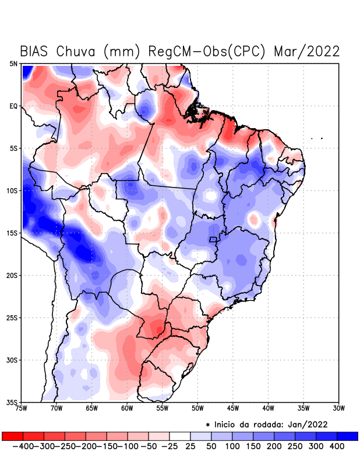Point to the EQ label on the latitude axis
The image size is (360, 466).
13,106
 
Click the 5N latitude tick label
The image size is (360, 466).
13,63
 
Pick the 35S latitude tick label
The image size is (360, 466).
12,402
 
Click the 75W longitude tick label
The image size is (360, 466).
22,408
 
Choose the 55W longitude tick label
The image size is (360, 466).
163,408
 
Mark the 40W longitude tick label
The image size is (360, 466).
269,408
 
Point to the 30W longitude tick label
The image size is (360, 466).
339,408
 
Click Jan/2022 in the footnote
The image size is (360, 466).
308,424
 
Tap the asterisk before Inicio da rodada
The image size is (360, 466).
208,425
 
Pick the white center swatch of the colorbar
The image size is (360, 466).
179,436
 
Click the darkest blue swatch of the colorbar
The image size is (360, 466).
347,436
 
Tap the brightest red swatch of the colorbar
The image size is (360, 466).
12,436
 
